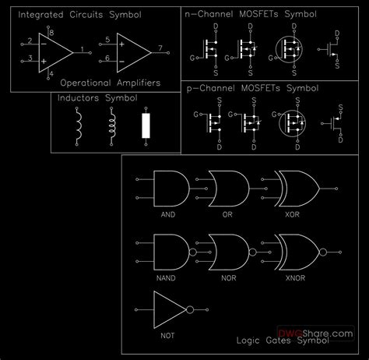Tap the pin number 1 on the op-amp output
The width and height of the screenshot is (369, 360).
(83, 50)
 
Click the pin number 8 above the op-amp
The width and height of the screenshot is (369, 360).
(51, 32)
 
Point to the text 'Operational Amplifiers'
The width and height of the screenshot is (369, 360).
(110, 82)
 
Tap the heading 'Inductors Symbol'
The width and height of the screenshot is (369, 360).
(97, 99)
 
